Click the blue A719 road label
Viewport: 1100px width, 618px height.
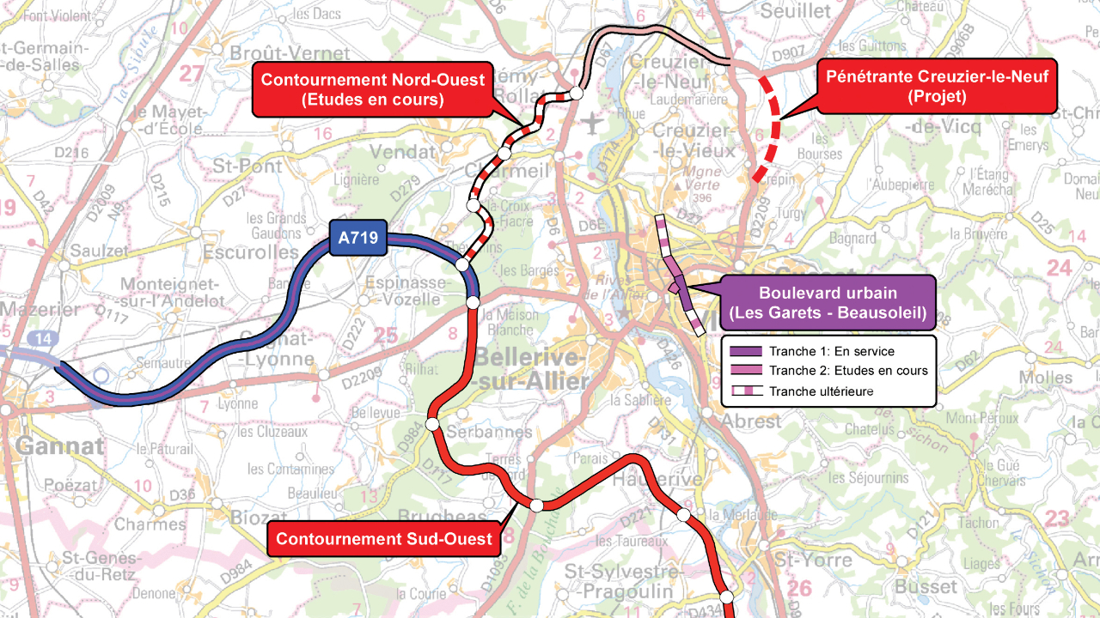tap(357, 238)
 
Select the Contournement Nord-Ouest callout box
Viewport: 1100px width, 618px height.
tap(372, 89)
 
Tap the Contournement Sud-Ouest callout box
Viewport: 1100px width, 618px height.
tap(384, 539)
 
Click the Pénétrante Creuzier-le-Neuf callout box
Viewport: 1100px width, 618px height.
tap(937, 88)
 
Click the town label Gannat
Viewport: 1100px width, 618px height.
tap(59, 446)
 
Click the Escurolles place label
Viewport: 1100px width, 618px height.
tap(251, 252)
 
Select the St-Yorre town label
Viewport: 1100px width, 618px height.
tap(815, 560)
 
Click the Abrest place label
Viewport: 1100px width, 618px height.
tap(753, 421)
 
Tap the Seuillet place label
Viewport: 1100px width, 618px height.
tap(796, 10)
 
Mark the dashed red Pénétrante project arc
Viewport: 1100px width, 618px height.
tap(774, 129)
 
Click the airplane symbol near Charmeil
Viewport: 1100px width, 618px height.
tap(592, 124)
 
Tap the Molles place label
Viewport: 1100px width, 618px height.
tap(1045, 378)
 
